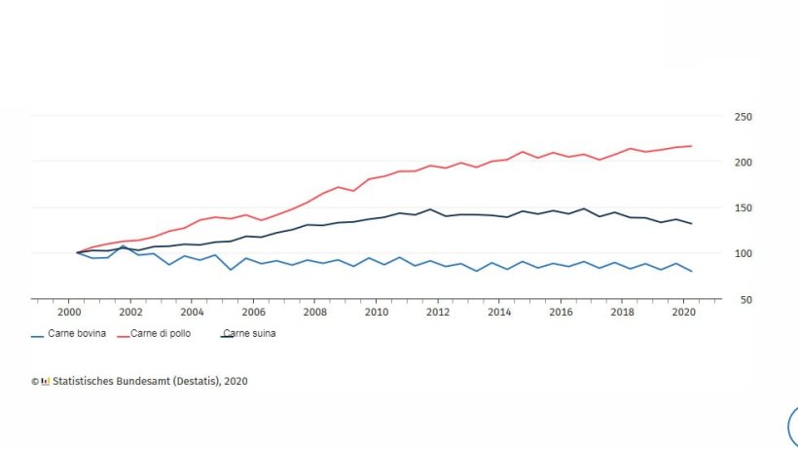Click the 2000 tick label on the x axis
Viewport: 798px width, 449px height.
(69, 313)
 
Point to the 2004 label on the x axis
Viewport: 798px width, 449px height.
(192, 313)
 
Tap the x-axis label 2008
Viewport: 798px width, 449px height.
(314, 313)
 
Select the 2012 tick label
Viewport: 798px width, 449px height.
(437, 313)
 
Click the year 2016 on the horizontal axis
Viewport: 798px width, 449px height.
(560, 313)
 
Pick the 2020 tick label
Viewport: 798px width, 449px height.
(682, 313)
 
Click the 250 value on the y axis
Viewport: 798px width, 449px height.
(743, 117)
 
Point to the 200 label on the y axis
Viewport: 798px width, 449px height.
(743, 162)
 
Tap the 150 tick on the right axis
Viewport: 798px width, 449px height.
(743, 207)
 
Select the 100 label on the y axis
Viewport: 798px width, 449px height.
(743, 253)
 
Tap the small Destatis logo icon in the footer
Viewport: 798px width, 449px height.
(45, 382)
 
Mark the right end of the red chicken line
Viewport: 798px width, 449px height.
(691, 146)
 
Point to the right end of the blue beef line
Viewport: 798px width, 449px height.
(691, 271)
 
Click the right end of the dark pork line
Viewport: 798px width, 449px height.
(691, 224)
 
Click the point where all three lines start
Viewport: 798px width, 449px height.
(77, 252)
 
